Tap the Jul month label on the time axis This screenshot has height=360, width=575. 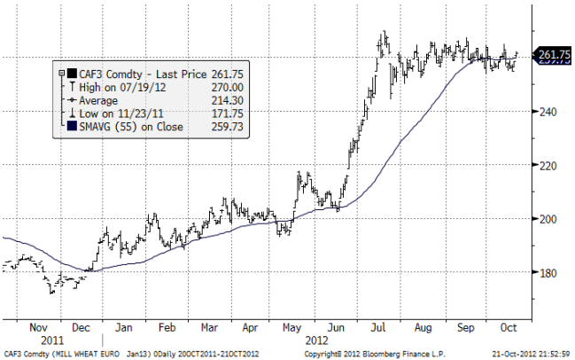[x=378, y=326]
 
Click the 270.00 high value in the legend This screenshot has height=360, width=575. [x=229, y=88]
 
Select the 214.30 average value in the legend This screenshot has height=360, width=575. [x=229, y=101]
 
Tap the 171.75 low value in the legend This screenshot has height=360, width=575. [x=229, y=114]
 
